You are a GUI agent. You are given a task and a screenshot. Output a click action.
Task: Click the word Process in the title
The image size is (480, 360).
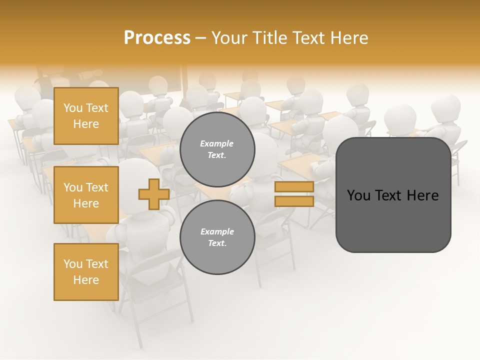coord(157,38)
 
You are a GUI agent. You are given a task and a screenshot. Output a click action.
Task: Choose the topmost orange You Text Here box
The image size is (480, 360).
coord(86,116)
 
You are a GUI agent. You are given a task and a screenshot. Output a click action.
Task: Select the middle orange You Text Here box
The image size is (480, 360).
coord(86,195)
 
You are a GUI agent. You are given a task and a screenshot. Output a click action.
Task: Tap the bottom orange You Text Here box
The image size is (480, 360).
coord(86,272)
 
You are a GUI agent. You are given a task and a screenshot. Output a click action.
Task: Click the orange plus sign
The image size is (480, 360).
coord(153,194)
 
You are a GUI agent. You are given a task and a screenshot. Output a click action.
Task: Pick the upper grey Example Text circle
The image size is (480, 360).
coord(217,149)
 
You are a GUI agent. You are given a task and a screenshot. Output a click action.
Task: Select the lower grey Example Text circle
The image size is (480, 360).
coord(217,237)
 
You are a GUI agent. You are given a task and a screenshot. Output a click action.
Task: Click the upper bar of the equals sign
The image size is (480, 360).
coord(294,187)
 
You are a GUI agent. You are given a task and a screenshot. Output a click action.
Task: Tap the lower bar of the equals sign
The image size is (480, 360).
coord(294,201)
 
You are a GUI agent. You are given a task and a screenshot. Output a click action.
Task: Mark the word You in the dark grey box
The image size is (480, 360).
coord(358,195)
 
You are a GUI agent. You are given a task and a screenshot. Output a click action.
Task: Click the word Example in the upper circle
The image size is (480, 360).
coord(217,143)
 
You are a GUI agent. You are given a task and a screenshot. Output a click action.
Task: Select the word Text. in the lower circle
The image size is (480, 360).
coord(217,243)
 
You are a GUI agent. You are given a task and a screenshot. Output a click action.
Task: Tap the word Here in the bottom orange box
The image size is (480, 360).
coord(86,280)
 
